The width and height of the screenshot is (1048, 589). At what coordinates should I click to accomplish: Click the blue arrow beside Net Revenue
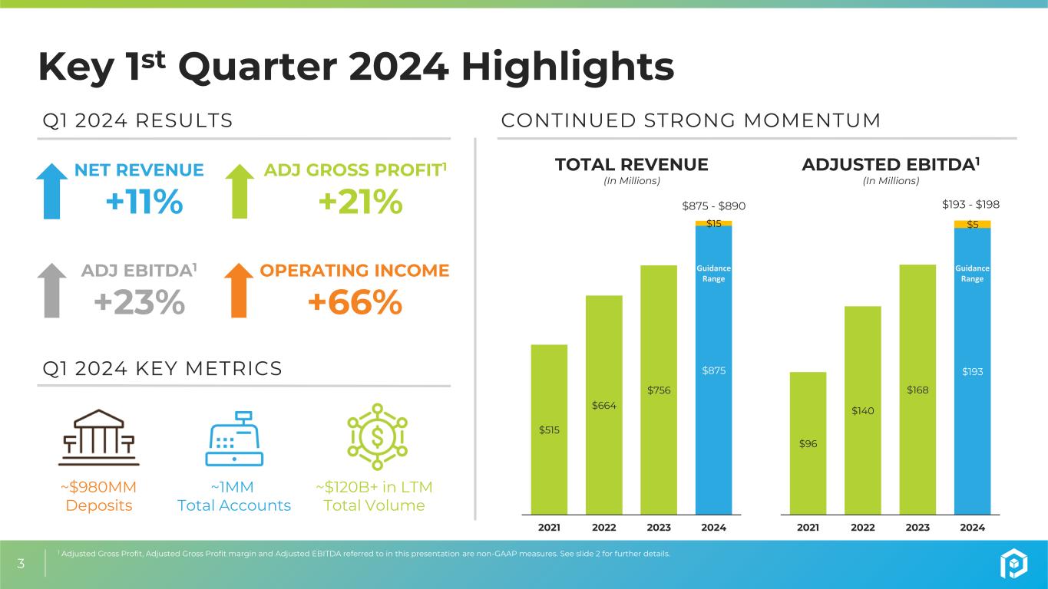tap(52, 191)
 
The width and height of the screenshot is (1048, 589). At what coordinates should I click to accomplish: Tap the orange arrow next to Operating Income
tap(239, 291)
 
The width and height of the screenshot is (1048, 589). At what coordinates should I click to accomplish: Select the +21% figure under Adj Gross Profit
tap(360, 202)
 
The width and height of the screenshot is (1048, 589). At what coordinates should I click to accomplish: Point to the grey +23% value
tap(140, 302)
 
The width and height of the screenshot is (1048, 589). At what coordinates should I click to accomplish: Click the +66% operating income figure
tap(355, 302)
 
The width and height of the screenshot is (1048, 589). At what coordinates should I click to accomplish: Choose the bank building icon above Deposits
tap(99, 438)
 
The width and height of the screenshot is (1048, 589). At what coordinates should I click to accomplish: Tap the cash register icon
tap(234, 439)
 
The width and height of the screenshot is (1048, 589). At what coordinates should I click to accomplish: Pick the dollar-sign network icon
tap(378, 436)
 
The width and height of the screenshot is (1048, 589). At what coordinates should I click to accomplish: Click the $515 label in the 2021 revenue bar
tap(549, 430)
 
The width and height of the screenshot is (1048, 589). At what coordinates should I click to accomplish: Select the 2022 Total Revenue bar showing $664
tap(604, 405)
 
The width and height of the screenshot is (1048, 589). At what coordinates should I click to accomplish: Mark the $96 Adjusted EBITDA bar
tap(808, 443)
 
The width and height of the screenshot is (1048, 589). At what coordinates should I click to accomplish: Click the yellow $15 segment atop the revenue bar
tap(713, 223)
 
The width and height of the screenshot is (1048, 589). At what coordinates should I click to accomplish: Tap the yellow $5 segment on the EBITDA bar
tap(972, 225)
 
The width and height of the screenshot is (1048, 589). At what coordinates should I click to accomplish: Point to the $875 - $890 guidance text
tap(713, 206)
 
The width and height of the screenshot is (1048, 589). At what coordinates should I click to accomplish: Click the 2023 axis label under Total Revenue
tap(659, 528)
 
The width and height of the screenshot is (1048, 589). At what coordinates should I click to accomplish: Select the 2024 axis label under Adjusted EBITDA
tap(972, 528)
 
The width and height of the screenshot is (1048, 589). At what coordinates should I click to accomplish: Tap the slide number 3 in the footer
tap(21, 564)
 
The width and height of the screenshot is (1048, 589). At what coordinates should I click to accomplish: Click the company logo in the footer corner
tap(1014, 563)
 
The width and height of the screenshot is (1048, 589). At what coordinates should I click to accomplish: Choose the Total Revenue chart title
tap(632, 165)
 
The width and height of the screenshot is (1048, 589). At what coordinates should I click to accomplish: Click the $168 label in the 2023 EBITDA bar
tap(917, 390)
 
